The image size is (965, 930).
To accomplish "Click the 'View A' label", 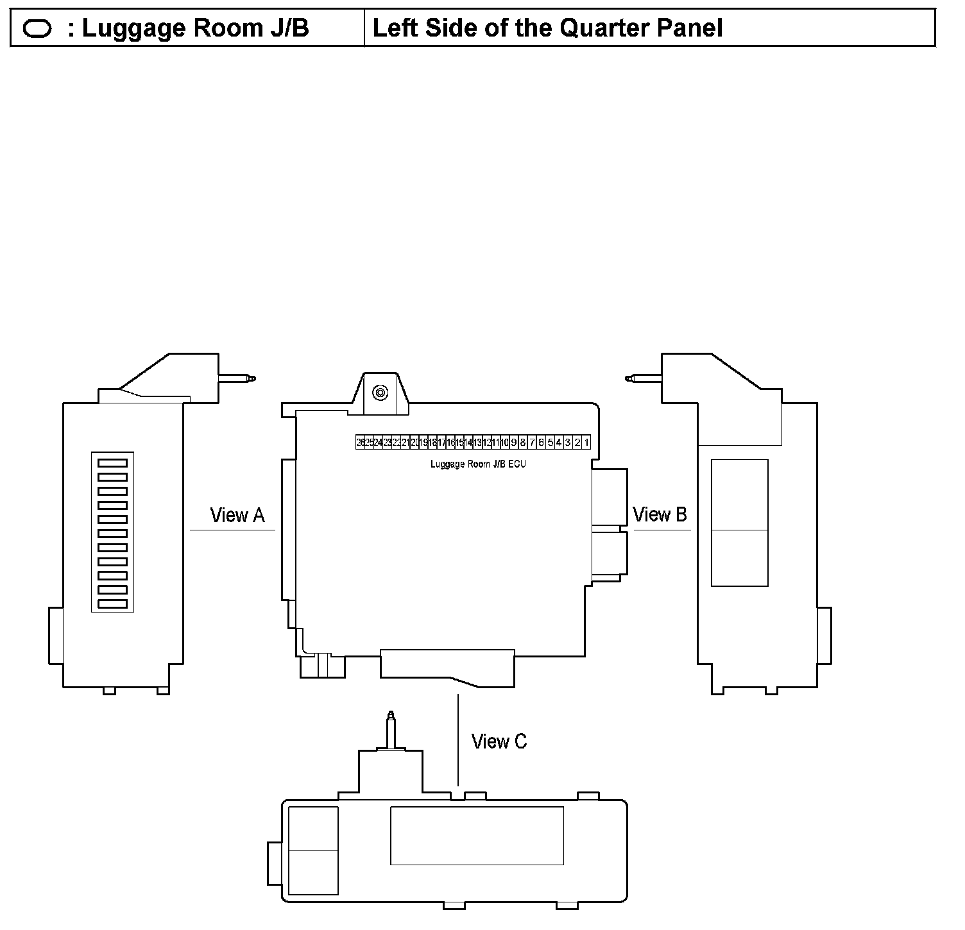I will tap(237, 515).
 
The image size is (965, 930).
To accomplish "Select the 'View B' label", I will tap(660, 514).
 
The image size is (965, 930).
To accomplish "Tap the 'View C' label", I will tap(499, 741).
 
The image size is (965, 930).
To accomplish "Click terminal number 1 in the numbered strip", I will tap(586, 443).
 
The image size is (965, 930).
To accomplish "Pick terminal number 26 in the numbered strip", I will tap(360, 443).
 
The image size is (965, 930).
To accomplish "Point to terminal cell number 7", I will tap(532, 443).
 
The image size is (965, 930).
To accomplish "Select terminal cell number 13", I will tap(477, 443).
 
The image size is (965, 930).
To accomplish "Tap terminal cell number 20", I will tap(414, 443).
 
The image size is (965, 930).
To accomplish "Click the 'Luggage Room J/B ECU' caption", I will tap(478, 464).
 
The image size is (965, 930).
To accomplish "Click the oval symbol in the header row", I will tap(37, 29).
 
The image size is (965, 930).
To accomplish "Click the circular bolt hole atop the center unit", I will tap(380, 393).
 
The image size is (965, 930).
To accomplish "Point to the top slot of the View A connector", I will tap(112, 462).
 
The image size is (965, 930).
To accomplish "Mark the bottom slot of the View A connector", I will tap(112, 604).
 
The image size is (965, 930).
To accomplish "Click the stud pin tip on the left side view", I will tap(252, 378).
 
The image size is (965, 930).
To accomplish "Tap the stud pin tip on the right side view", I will tap(629, 378).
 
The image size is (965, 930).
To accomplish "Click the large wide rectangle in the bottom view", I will tap(477, 836).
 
